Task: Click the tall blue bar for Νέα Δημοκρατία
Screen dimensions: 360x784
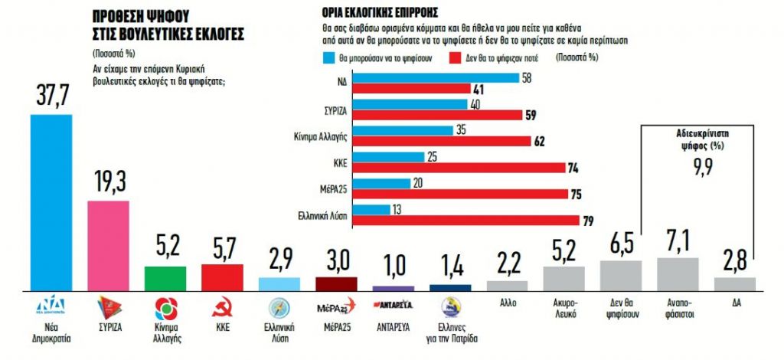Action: click(51, 202)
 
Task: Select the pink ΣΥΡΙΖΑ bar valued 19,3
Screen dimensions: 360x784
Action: click(108, 245)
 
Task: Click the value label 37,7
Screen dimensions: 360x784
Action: click(51, 97)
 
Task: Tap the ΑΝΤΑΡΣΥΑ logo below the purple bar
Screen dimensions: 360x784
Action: click(393, 305)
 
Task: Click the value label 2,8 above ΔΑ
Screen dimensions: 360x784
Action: click(734, 260)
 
